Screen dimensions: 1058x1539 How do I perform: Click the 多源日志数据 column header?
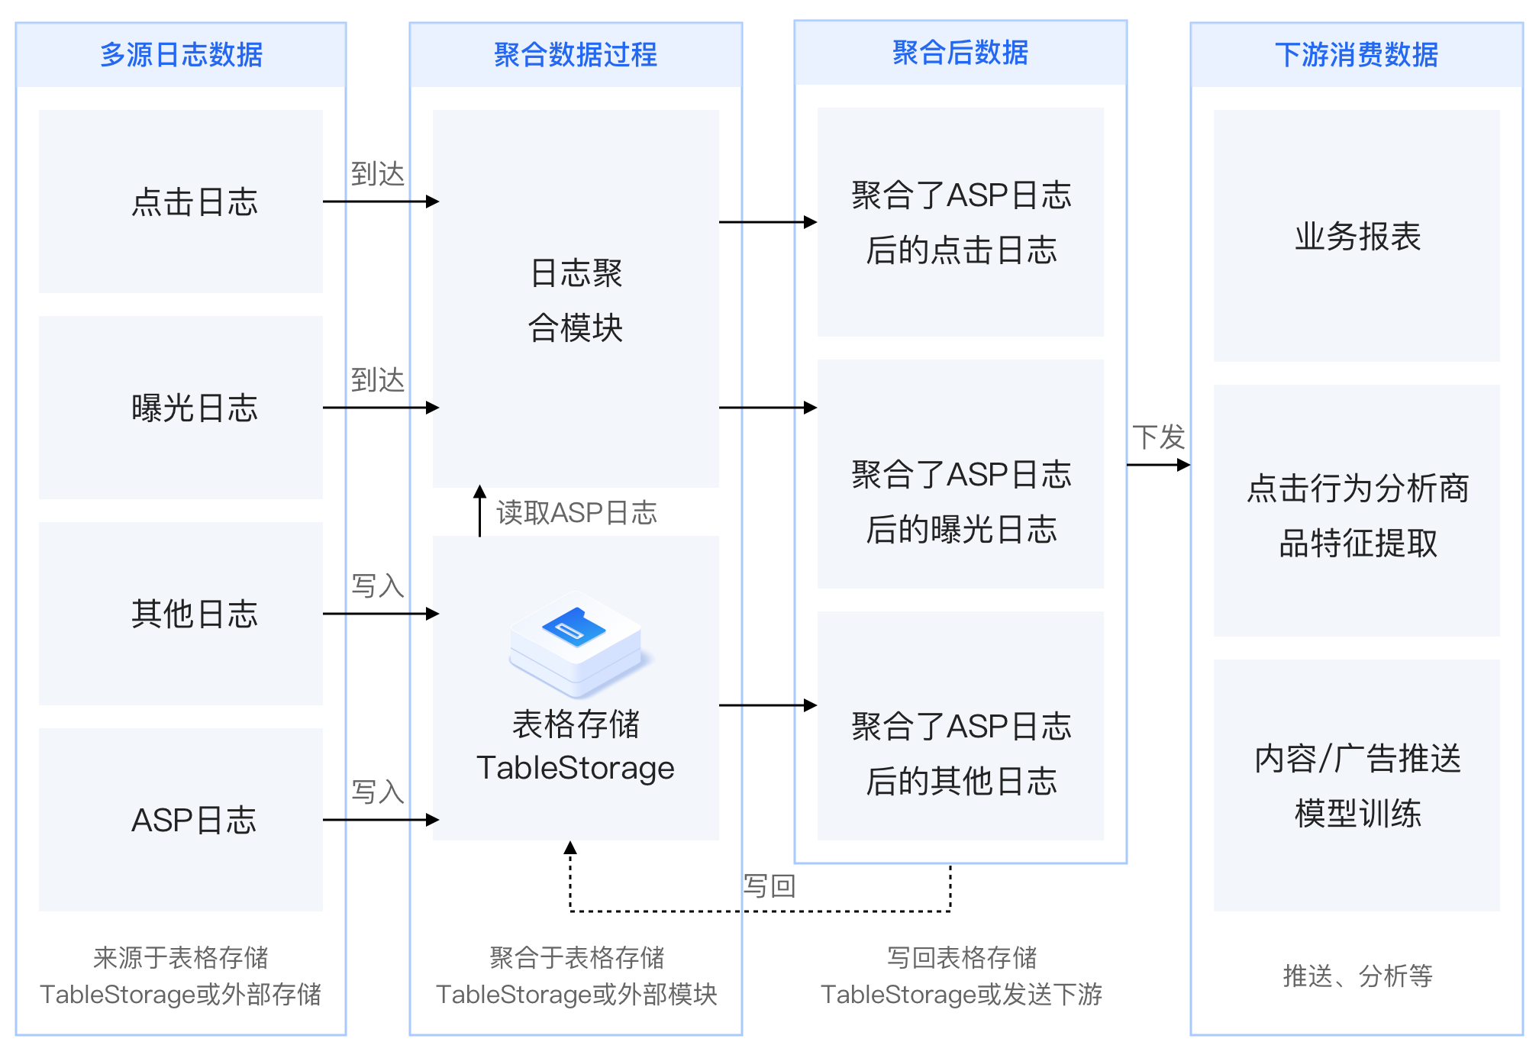click(181, 55)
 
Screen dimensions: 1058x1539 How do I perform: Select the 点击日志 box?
click(181, 202)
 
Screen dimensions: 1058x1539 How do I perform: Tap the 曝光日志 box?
click(181, 408)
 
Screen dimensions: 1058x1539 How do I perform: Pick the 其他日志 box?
click(181, 614)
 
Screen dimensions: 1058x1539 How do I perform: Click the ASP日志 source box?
click(181, 820)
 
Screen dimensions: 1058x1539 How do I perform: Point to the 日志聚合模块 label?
click(576, 300)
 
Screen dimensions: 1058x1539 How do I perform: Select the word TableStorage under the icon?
click(576, 768)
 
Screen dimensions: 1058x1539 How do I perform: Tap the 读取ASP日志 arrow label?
click(576, 512)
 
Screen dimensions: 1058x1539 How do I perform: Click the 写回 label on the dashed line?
click(769, 886)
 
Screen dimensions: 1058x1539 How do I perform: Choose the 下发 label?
click(1158, 437)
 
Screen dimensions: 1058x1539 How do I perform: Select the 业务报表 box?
click(1357, 236)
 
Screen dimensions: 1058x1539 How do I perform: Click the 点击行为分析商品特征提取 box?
click(1357, 515)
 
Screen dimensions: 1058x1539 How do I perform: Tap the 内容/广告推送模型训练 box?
click(1357, 785)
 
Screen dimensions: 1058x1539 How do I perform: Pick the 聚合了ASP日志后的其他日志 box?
click(960, 753)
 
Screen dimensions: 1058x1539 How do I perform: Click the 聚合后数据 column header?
click(960, 53)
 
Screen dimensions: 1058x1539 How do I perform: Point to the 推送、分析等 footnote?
click(1357, 976)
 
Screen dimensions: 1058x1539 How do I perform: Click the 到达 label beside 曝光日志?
click(377, 379)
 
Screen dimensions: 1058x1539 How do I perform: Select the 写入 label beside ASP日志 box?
click(377, 792)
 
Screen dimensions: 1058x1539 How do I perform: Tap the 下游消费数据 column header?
click(1357, 55)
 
